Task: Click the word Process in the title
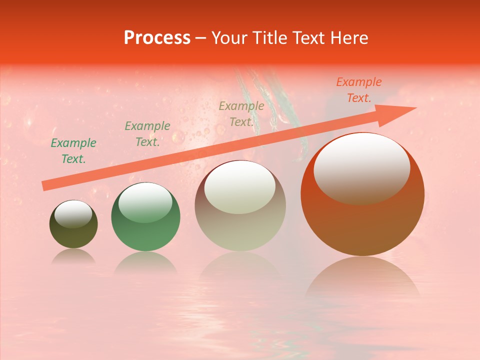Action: (157, 38)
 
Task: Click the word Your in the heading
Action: (230, 38)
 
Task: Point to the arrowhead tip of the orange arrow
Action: (415, 107)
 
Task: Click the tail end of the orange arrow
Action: (44, 186)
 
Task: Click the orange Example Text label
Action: (358, 90)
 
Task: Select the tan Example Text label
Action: (241, 114)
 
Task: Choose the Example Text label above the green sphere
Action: (147, 134)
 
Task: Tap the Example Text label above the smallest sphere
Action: (73, 151)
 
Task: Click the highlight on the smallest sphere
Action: (73, 214)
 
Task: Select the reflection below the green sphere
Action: (145, 262)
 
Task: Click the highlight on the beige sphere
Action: (239, 186)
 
